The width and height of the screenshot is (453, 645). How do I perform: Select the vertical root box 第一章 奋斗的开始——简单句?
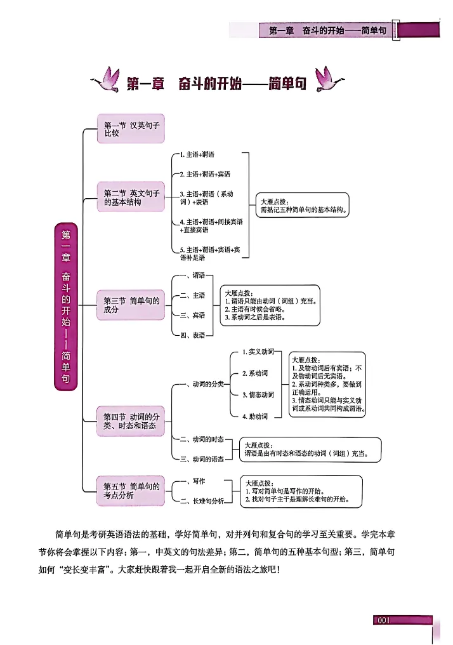pos(66,306)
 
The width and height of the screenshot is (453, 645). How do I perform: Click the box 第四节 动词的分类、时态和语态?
pos(133,421)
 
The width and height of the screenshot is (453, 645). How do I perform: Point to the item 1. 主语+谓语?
pos(197,155)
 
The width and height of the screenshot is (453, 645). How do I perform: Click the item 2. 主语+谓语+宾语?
pos(204,174)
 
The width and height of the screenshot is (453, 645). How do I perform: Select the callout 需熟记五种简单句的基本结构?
pos(303,205)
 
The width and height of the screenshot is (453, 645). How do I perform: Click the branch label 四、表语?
pos(192,335)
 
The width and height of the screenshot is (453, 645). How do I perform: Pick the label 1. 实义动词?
pos(258,352)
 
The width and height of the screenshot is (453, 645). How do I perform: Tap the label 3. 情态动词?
pos(258,395)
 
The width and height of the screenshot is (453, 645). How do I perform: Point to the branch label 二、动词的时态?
pos(201,439)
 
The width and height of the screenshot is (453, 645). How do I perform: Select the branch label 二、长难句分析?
pos(201,501)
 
